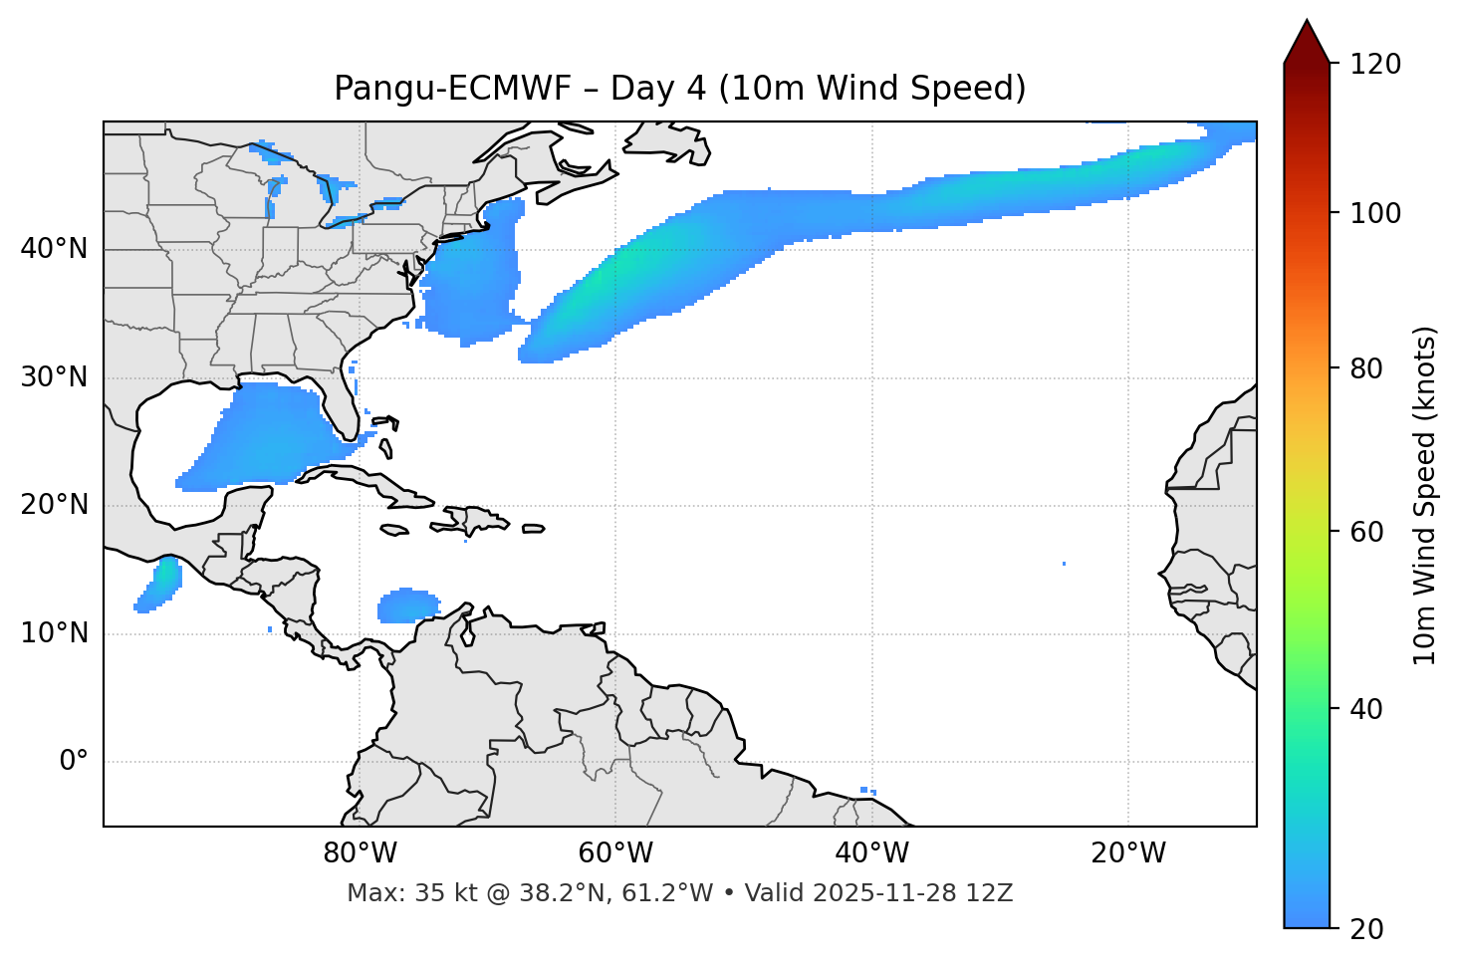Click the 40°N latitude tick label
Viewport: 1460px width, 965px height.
coord(54,249)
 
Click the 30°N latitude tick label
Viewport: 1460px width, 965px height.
coord(54,377)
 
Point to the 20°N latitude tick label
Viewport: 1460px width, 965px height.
coord(54,505)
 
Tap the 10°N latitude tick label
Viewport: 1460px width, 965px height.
coord(54,633)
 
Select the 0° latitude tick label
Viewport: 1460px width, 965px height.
coord(73,762)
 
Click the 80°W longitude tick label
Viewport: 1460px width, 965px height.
coord(360,853)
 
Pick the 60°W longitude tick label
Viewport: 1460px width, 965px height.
coord(615,853)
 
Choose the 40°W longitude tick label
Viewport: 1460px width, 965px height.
coord(871,853)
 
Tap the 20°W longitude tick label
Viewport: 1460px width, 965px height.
coord(1127,853)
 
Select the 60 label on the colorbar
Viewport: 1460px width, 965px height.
coord(1366,532)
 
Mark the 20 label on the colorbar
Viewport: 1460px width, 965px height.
coord(1366,929)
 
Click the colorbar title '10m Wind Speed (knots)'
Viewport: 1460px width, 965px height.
coord(1425,496)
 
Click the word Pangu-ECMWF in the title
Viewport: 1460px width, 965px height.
coord(452,89)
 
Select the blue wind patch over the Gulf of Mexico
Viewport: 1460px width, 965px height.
coord(264,433)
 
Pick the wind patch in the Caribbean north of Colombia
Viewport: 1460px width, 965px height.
coord(407,605)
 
